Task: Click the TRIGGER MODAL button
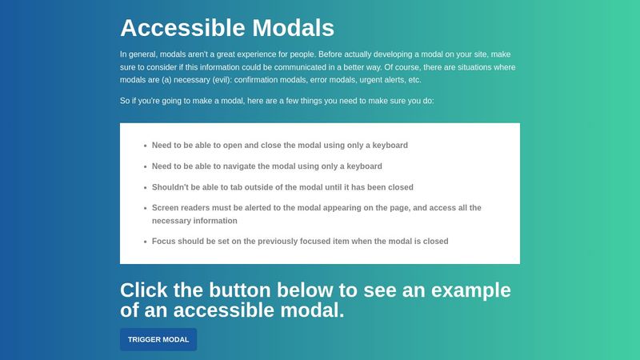(x=158, y=339)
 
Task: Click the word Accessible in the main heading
(x=182, y=28)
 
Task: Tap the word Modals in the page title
(x=293, y=28)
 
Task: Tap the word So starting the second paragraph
(x=125, y=102)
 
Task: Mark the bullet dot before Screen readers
(x=145, y=208)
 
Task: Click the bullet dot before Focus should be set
(x=145, y=241)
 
